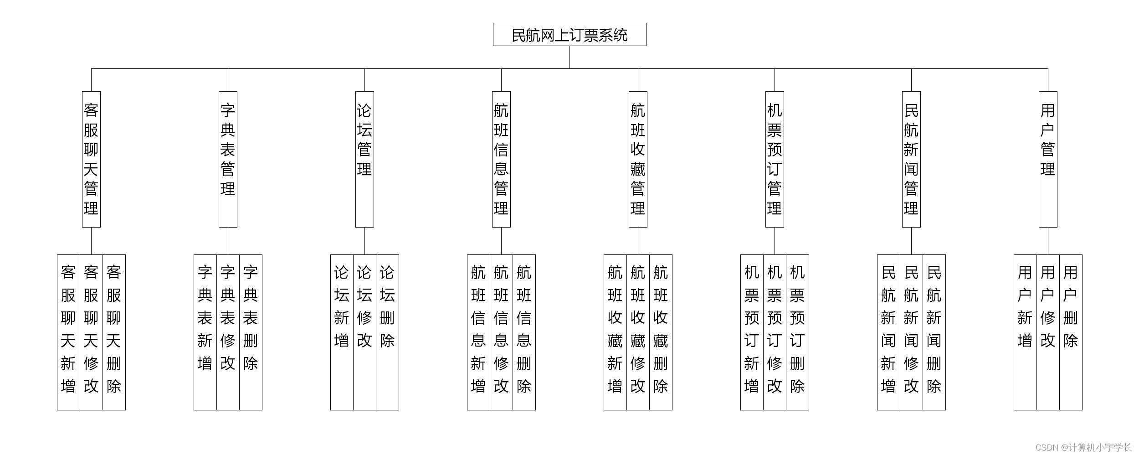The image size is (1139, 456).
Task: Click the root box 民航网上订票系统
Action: pos(569,35)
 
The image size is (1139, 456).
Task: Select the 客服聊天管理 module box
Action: pos(91,159)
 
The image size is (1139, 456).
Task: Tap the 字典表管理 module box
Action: pos(228,159)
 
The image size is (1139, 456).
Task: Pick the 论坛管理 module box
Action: pos(364,159)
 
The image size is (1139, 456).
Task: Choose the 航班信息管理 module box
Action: pos(501,159)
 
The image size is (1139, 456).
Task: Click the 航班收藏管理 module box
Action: pos(638,159)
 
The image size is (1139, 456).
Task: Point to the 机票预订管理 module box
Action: pos(775,159)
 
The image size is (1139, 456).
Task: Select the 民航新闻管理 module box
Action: pos(911,159)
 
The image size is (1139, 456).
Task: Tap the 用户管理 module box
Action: pos(1048,159)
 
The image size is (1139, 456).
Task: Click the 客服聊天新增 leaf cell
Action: pos(68,332)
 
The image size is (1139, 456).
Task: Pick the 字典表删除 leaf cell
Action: pos(251,332)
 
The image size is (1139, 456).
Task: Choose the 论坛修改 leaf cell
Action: pos(364,332)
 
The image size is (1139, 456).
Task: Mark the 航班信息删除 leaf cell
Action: pos(524,332)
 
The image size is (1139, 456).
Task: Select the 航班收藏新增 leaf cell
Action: pos(615,332)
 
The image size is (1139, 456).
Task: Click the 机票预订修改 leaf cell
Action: pos(775,332)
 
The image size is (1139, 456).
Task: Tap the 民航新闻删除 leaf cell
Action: pos(934,332)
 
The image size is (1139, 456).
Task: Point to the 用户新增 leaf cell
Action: pos(1025,332)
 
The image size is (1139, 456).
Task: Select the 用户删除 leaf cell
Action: pos(1071,332)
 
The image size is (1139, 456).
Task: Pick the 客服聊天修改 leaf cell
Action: pos(91,332)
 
